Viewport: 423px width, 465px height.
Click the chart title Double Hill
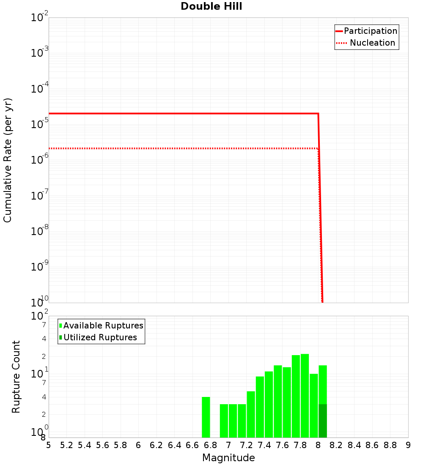[211, 7]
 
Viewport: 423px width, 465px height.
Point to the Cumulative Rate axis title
[8, 160]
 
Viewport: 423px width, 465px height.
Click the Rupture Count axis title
[16, 377]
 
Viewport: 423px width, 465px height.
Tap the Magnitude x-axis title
[228, 458]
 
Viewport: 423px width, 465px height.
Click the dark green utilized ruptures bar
[323, 421]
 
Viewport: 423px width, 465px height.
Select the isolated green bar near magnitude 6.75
[206, 417]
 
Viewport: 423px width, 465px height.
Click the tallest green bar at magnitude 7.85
[305, 395]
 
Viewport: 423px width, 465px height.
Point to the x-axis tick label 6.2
[157, 445]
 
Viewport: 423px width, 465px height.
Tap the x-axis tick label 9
[408, 445]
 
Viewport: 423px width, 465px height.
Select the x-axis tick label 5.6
[102, 445]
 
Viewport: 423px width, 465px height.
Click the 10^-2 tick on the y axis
[40, 18]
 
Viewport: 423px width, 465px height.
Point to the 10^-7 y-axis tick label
[40, 196]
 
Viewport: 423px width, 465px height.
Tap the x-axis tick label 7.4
[264, 445]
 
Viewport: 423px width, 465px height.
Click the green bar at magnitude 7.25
[251, 414]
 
